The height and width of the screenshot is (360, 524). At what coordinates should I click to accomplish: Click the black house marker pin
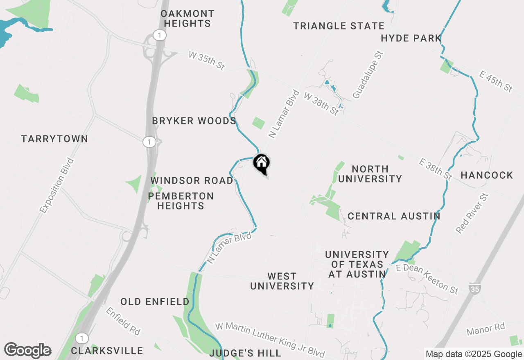click(x=262, y=163)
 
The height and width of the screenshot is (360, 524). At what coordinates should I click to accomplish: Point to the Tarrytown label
click(x=54, y=139)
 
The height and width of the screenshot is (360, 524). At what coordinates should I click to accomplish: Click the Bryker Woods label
click(x=194, y=121)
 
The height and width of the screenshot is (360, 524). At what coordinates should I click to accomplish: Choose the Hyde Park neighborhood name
click(x=411, y=38)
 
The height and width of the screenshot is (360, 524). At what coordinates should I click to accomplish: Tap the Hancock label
click(x=487, y=175)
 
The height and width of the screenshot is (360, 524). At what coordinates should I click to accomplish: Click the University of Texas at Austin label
click(x=357, y=264)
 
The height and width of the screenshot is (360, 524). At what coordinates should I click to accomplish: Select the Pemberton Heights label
click(x=181, y=201)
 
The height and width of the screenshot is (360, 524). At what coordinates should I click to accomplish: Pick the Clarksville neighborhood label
click(x=107, y=351)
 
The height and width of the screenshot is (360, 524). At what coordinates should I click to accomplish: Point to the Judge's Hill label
click(x=245, y=353)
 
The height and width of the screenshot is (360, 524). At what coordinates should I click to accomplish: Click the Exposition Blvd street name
click(x=57, y=185)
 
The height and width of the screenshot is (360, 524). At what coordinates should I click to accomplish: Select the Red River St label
click(x=472, y=214)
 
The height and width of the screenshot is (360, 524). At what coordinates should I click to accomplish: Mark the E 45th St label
click(x=496, y=81)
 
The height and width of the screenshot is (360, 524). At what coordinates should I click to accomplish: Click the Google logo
click(x=27, y=351)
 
